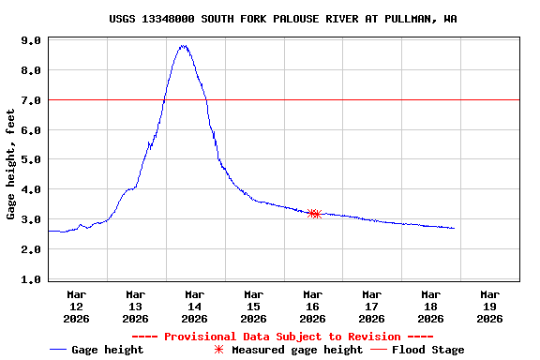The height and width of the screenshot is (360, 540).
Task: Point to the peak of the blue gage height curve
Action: pyautogui.click(x=184, y=46)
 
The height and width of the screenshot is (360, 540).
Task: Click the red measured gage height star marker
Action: pyautogui.click(x=315, y=214)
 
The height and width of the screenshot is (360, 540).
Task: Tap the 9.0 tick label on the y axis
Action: pyautogui.click(x=30, y=41)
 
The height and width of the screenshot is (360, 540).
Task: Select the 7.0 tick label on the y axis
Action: pyautogui.click(x=30, y=100)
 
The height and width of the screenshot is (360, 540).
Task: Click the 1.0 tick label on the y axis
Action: pyautogui.click(x=30, y=279)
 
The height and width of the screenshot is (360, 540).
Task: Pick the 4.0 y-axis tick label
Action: pyautogui.click(x=30, y=190)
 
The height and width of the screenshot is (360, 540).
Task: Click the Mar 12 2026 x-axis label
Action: pyautogui.click(x=77, y=307)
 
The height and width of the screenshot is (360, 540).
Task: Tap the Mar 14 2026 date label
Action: pyautogui.click(x=194, y=307)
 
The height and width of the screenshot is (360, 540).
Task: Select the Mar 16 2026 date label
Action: pyautogui.click(x=312, y=307)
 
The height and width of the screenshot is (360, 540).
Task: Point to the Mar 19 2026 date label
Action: pyautogui.click(x=489, y=307)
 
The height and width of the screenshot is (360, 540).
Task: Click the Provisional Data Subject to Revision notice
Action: pyautogui.click(x=282, y=337)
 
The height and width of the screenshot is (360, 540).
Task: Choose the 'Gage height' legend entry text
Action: pyautogui.click(x=108, y=350)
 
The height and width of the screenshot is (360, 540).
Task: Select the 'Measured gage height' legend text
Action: pyautogui.click(x=297, y=350)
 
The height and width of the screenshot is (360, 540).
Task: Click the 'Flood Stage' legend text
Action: pyautogui.click(x=427, y=350)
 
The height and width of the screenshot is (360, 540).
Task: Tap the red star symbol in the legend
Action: pyautogui.click(x=218, y=350)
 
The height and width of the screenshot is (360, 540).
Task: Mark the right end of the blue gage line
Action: pyautogui.click(x=454, y=228)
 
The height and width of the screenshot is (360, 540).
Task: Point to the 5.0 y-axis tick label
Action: pyautogui.click(x=30, y=160)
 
